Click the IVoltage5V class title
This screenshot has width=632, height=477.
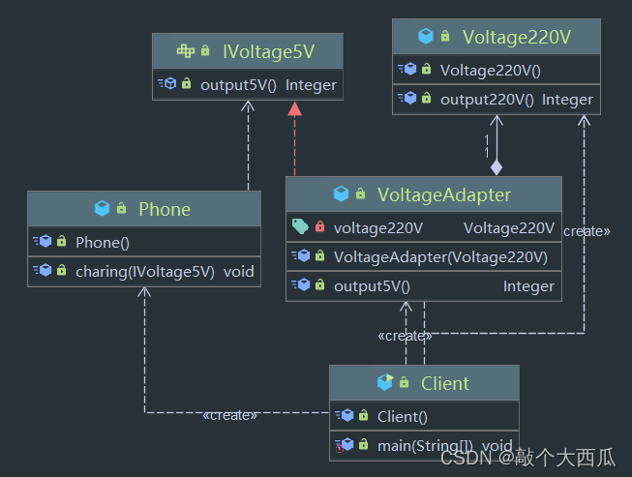pos(268,51)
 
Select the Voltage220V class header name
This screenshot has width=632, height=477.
pos(516,37)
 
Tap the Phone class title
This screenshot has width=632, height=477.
pos(165,210)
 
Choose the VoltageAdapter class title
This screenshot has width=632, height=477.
pos(444,195)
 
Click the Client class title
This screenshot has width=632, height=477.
pos(445,383)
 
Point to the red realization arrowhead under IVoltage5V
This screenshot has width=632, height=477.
pos(294,108)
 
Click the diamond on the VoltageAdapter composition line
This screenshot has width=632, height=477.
pos(497,167)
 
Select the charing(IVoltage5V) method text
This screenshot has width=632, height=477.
pos(145,272)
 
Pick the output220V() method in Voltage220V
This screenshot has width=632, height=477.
pos(487,100)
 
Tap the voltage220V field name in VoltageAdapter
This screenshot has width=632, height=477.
pos(378,228)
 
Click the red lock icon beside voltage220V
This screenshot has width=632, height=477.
pos(320,226)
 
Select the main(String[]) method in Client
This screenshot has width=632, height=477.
pos(425,446)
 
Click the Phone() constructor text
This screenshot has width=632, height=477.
pos(103,243)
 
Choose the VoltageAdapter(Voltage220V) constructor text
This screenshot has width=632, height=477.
pos(440,257)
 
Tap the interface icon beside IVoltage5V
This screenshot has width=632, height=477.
pos(186,50)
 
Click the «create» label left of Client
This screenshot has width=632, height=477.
pos(229,415)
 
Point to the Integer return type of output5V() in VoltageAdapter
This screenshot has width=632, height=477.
pos(528,286)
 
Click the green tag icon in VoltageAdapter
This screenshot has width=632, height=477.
pos(300,226)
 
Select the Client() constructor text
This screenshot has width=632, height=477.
pos(403,417)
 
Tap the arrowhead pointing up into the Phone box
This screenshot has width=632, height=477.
pos(144,291)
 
